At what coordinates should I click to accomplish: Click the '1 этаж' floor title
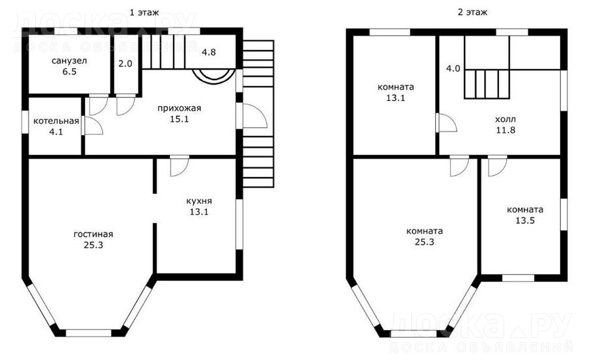144,12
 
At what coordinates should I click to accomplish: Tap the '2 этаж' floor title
472,12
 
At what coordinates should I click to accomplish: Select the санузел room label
70,61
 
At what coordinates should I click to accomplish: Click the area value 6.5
70,72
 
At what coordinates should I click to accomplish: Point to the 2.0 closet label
126,63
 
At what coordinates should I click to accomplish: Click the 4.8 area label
208,52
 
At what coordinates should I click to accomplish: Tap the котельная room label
56,121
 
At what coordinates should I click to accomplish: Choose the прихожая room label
180,109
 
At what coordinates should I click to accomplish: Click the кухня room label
199,201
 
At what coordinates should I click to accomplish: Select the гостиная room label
93,234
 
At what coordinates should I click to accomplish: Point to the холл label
505,119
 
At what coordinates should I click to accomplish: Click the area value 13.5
525,220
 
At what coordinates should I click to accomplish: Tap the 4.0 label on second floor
453,69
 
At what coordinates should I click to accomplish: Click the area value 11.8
505,130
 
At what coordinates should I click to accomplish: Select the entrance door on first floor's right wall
252,116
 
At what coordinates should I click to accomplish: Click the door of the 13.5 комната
497,167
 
